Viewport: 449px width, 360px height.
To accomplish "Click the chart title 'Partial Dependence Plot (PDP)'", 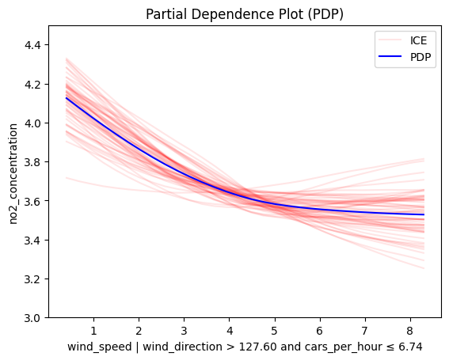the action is click(x=244, y=14).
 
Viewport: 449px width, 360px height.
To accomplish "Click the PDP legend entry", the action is click(x=405, y=57).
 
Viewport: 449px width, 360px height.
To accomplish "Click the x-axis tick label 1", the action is click(x=93, y=331).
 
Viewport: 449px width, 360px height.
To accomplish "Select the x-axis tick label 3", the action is click(x=185, y=331).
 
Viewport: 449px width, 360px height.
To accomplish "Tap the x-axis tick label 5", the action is click(x=275, y=331).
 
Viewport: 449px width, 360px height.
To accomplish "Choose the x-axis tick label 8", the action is click(x=410, y=331).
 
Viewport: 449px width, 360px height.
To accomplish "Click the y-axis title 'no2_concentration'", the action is click(x=13, y=174).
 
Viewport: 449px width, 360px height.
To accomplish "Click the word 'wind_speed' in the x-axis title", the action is click(x=99, y=347).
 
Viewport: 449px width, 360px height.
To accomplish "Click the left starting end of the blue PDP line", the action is click(x=67, y=98).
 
